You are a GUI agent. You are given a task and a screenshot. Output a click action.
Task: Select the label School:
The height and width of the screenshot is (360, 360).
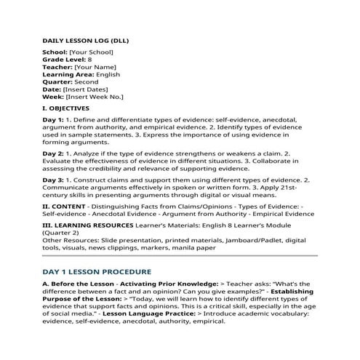tap(57, 53)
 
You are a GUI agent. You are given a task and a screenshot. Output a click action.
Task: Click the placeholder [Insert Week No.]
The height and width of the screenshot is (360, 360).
tap(94, 96)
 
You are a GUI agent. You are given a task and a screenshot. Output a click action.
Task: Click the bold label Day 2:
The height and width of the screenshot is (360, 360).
tap(53, 153)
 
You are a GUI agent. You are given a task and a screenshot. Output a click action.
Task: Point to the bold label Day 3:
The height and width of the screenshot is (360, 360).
tap(53, 179)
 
